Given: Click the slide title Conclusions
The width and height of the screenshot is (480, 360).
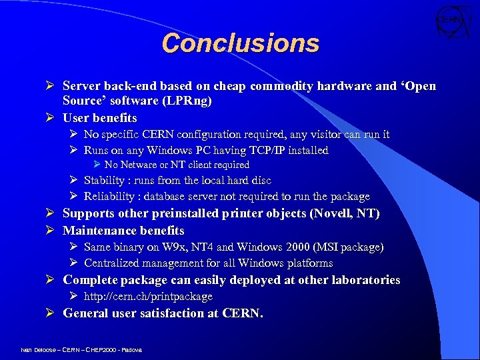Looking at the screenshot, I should (x=240, y=43).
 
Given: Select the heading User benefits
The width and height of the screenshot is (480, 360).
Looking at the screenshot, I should (x=100, y=118).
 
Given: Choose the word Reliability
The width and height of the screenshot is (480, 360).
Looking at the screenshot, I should (x=111, y=197).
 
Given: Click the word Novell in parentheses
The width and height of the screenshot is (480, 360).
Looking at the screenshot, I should (x=337, y=213).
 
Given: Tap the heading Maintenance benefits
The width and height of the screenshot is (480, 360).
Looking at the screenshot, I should (x=123, y=231).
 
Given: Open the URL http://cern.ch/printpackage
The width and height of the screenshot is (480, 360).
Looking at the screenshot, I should (x=148, y=297).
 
